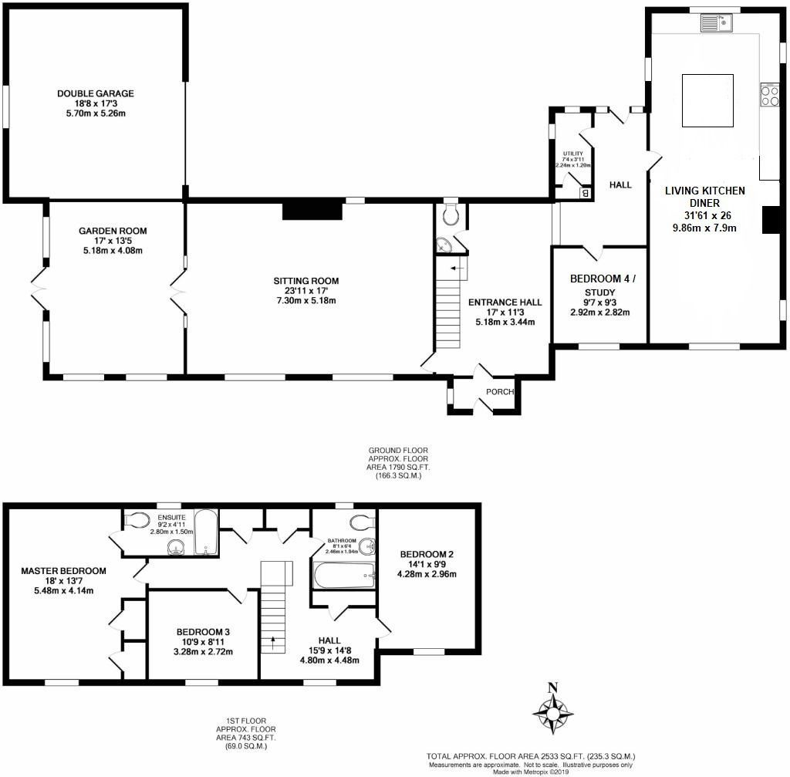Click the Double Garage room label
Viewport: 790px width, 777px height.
coord(95,93)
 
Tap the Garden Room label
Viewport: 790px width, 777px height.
coord(113,231)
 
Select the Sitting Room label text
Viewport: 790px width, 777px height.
coord(306,281)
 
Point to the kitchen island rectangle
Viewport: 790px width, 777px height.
coord(707,100)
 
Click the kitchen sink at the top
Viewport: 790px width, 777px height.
coord(716,22)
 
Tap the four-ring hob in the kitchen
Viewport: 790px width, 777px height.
coord(770,95)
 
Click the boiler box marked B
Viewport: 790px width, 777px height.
coord(585,192)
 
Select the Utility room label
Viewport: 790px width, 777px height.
coord(573,154)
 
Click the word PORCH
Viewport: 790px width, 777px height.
coord(500,391)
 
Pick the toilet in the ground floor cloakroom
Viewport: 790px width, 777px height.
coord(451,215)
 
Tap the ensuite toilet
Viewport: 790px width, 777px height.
coord(137,520)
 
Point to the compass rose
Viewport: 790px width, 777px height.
coord(552,714)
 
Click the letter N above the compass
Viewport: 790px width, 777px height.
coord(552,687)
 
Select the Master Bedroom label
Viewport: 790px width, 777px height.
coord(63,571)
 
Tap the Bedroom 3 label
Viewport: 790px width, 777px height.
coord(203,632)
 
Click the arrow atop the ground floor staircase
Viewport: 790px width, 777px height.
coord(457,269)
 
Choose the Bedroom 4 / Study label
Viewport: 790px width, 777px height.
coord(602,285)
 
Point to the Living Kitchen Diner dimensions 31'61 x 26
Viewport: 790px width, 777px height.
coord(707,215)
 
